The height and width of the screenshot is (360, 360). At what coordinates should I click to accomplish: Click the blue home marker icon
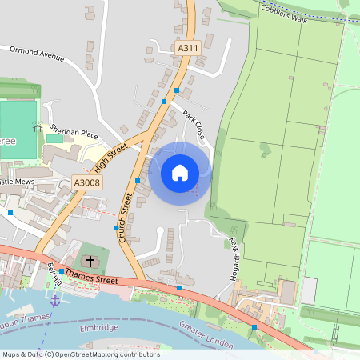pos(180,173)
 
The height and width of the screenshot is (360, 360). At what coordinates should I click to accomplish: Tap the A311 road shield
pos(187,49)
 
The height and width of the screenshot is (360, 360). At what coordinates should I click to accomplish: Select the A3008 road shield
pos(86,183)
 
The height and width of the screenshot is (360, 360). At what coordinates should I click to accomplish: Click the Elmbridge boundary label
pos(99,328)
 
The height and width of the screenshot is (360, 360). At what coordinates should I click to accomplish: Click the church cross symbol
pos(90,261)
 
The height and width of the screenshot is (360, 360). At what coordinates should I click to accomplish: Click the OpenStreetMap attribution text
pos(80,354)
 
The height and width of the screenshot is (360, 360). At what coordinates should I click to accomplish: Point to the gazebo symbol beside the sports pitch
pos(37,126)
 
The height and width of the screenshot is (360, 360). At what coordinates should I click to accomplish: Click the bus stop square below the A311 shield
pos(176,90)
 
